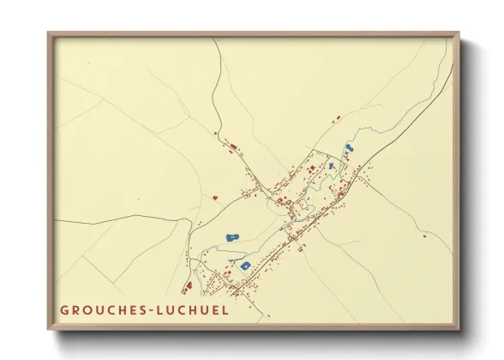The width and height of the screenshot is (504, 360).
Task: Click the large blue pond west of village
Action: (x=231, y=237)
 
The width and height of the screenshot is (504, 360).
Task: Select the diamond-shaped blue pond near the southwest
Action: (x=245, y=266)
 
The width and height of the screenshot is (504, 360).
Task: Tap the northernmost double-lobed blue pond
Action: (x=349, y=149)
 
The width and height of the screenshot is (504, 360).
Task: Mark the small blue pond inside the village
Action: (x=332, y=165)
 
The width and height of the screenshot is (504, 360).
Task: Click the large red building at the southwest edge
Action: (x=189, y=285)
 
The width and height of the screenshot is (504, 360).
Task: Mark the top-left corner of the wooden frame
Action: (x=49, y=33)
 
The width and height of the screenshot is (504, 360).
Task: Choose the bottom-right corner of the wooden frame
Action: (x=459, y=330)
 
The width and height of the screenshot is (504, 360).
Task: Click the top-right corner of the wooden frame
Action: (x=459, y=33)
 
